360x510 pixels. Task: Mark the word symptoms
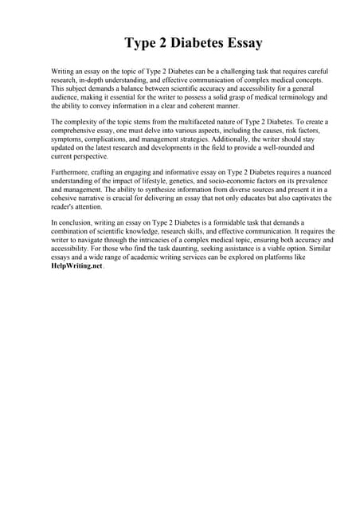[x=67, y=139]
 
